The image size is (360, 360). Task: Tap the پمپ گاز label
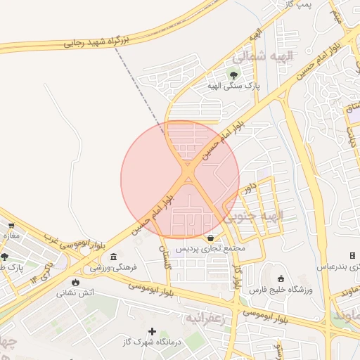pyautogui.click(x=299, y=5)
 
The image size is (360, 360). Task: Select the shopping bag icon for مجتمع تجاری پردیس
pyautogui.click(x=211, y=237)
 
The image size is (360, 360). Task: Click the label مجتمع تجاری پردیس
pyautogui.click(x=210, y=249)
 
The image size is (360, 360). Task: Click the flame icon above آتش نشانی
pyautogui.click(x=75, y=282)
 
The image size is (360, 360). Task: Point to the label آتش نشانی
pyautogui.click(x=76, y=292)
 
